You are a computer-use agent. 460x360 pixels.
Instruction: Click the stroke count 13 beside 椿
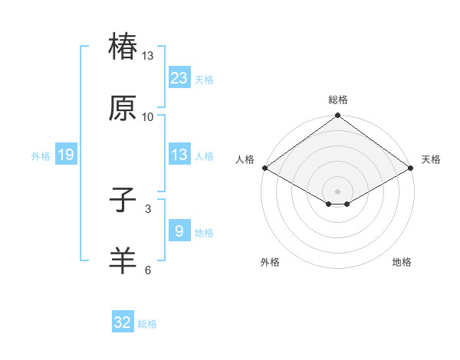tap(148, 56)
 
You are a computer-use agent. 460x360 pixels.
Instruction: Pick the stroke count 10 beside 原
tap(148, 116)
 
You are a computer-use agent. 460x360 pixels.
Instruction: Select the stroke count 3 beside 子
tap(148, 208)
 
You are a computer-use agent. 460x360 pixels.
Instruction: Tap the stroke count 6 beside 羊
tap(148, 269)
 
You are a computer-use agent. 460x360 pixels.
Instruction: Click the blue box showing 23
tap(179, 77)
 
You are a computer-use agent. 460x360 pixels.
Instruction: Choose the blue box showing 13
tap(179, 155)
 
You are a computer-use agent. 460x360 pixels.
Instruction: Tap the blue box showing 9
tap(179, 231)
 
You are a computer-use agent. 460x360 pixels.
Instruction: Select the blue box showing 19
tap(66, 155)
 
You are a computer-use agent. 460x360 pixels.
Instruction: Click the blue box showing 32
tap(123, 322)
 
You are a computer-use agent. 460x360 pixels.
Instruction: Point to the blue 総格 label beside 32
tap(147, 324)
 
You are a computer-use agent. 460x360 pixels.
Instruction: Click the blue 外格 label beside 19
tap(41, 155)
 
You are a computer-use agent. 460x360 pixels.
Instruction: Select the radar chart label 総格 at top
tap(338, 100)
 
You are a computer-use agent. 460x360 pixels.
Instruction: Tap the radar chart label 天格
tap(431, 159)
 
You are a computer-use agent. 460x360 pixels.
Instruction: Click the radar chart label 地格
tap(402, 262)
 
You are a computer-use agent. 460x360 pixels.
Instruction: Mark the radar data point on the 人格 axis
tap(264, 167)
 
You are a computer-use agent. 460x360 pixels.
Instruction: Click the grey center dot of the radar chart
tap(338, 190)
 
